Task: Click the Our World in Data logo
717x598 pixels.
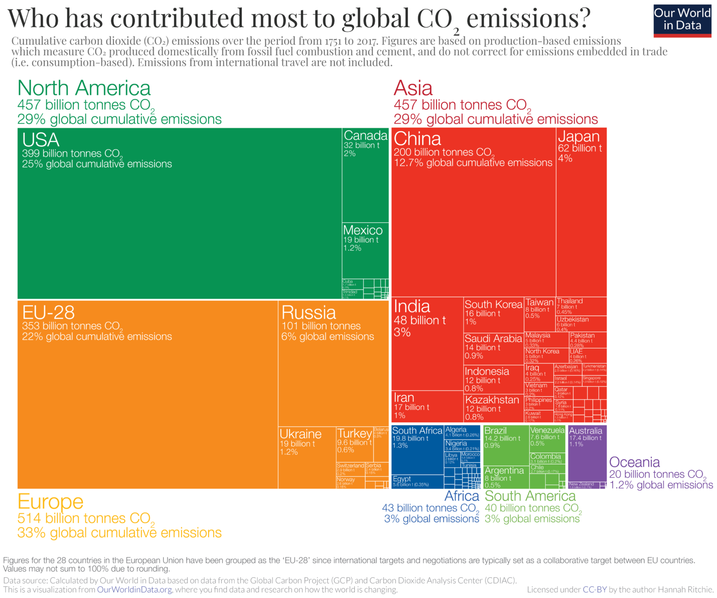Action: (682, 20)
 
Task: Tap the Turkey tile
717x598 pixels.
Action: (354, 444)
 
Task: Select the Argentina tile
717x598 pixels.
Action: (506, 477)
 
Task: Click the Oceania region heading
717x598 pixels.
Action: (634, 462)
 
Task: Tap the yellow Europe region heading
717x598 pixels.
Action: (50, 502)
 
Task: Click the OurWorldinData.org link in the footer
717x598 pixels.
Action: (134, 590)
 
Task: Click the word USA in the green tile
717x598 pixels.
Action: (41, 140)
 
